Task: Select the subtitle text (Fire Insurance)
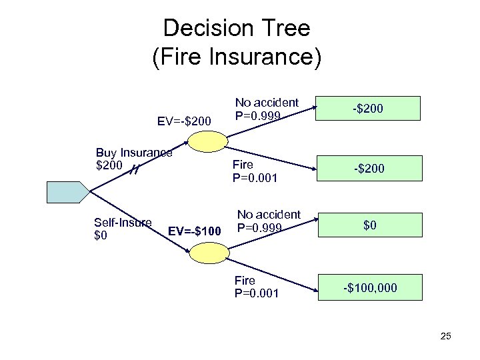click(237, 57)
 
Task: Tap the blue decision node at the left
click(67, 191)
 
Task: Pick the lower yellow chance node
click(207, 253)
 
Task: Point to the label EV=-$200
click(184, 121)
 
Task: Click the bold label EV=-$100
click(195, 232)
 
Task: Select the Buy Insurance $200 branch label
click(133, 159)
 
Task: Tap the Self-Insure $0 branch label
click(123, 229)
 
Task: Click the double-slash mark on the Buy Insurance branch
click(134, 171)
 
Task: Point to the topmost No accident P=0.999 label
click(267, 109)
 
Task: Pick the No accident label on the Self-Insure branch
click(269, 221)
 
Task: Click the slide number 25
click(445, 336)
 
